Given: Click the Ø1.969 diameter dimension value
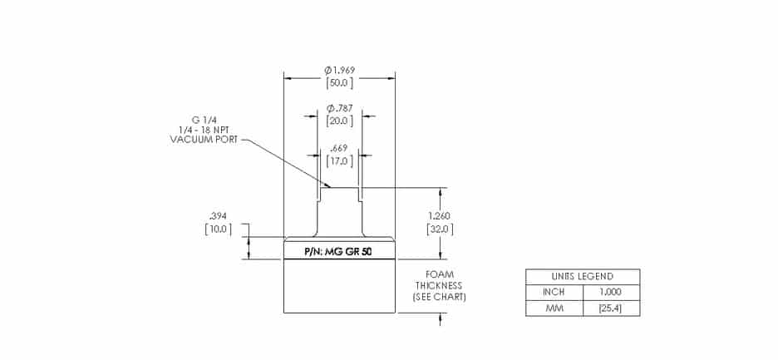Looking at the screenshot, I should (x=340, y=69).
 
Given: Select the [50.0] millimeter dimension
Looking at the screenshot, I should (x=340, y=82).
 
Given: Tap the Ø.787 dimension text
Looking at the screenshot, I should (x=340, y=108).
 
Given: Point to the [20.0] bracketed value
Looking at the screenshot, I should (x=340, y=121).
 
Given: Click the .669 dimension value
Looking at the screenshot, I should (x=340, y=148).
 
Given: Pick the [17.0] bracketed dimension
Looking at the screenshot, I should (x=340, y=161).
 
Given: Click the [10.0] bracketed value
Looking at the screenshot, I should (x=218, y=229).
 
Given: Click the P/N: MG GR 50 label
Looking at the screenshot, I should (x=338, y=251).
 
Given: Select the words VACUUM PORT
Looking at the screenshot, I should (x=204, y=140).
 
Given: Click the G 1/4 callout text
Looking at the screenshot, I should (x=204, y=119).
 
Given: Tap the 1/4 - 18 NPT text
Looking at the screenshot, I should (x=204, y=129).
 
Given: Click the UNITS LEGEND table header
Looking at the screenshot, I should (x=582, y=277).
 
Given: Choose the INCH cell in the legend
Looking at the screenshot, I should (x=554, y=293).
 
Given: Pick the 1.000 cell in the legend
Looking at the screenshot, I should (x=611, y=293).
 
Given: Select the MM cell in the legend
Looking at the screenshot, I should (x=554, y=308).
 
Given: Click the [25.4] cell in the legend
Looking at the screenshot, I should (x=611, y=308).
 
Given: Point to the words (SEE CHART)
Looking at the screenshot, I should (x=439, y=297).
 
